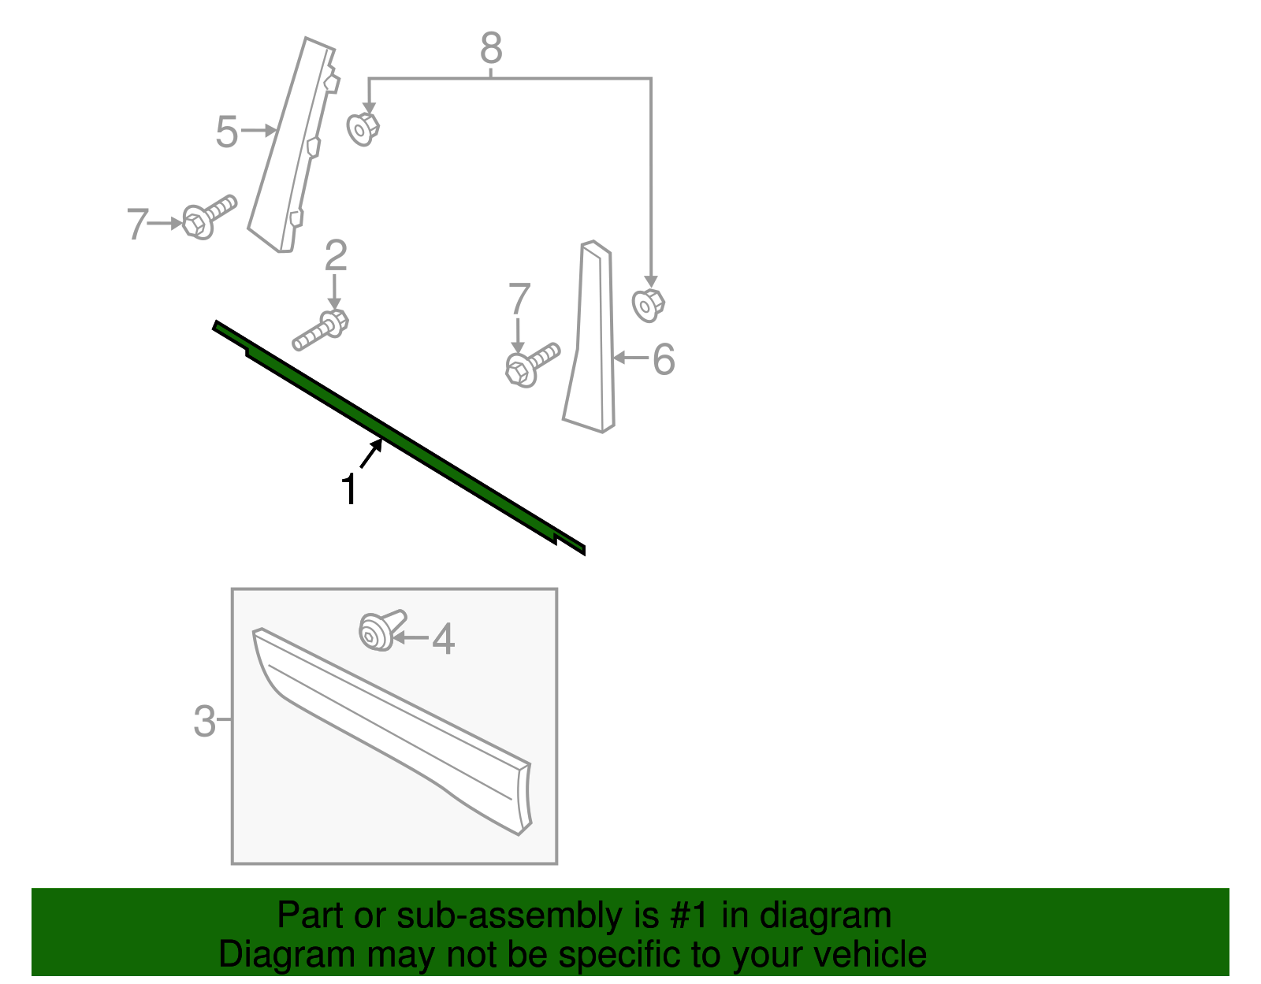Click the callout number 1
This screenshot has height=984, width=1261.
[349, 490]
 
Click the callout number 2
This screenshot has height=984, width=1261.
[336, 256]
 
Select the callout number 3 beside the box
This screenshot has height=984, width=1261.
[204, 721]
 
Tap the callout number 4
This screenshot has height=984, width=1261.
[444, 639]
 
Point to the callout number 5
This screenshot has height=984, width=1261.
[226, 132]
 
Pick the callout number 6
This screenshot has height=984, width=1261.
[664, 359]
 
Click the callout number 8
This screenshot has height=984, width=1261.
[491, 49]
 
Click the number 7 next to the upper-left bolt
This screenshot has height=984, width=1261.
[137, 225]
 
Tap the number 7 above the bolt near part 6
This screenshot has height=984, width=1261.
[519, 299]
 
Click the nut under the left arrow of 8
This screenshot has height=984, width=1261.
[363, 128]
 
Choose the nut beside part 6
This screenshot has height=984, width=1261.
[648, 305]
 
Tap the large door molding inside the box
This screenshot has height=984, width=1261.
[394, 729]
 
